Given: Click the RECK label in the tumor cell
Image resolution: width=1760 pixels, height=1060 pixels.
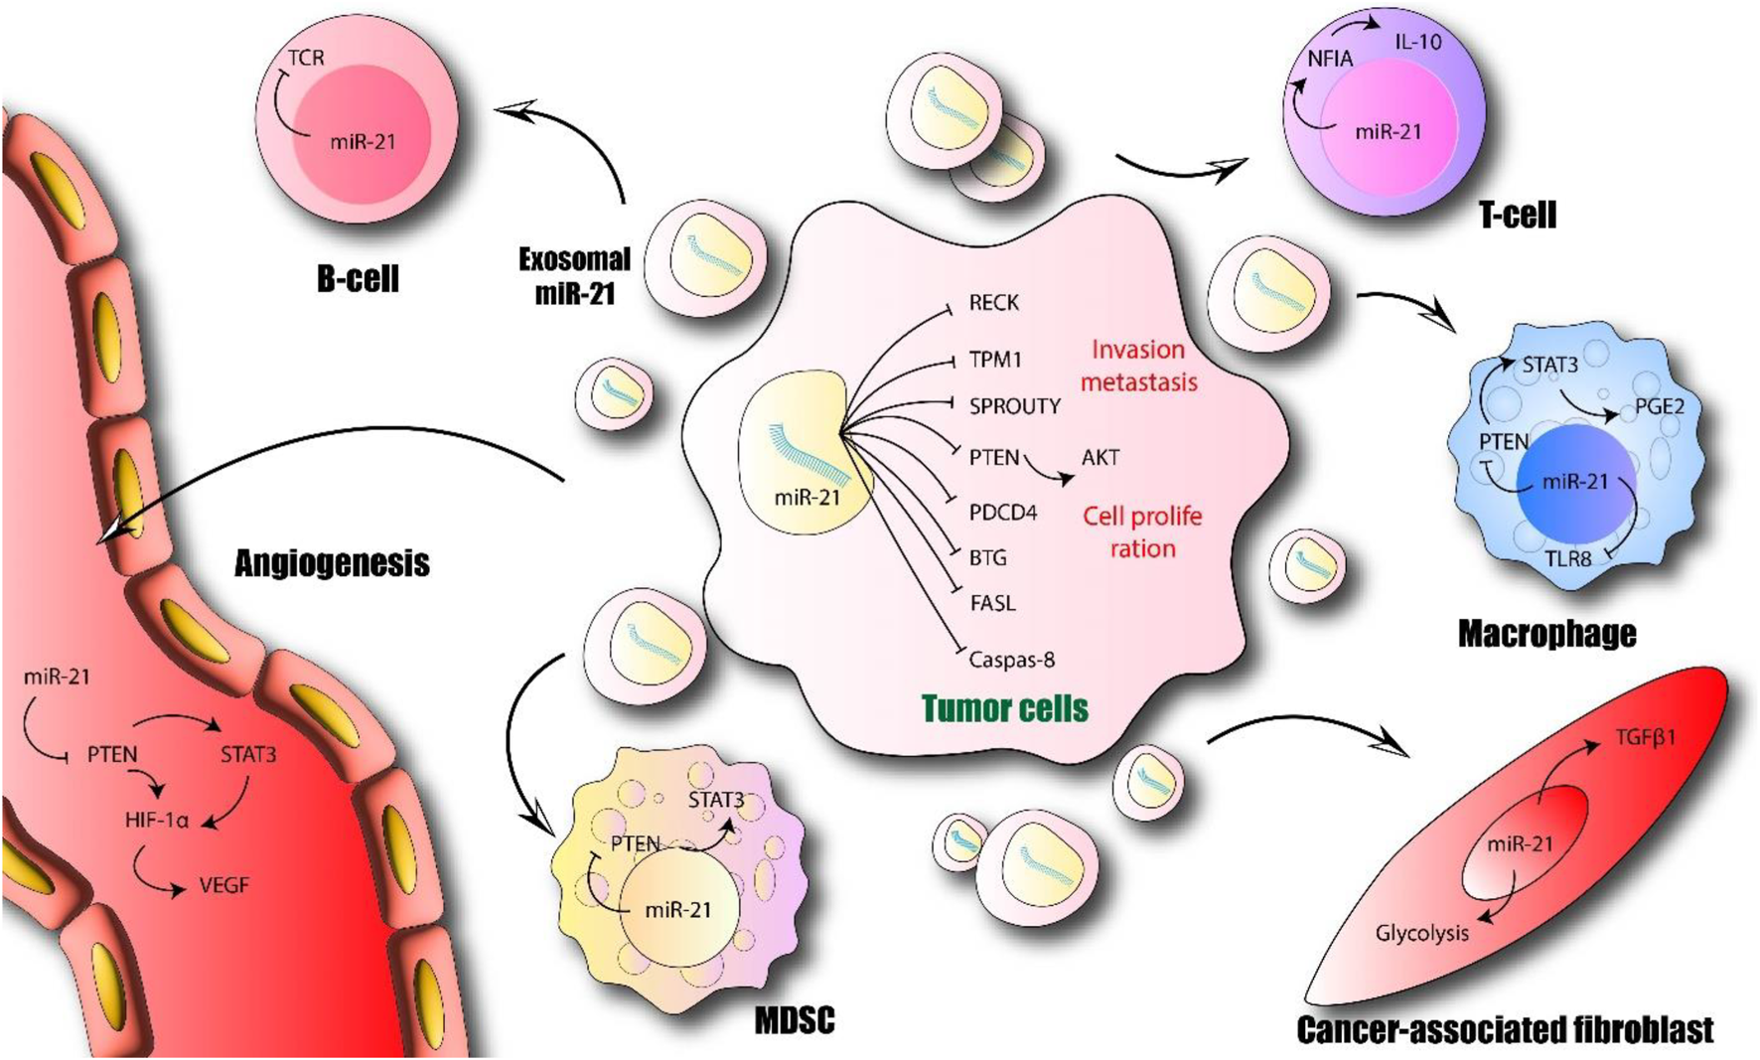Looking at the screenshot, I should [x=993, y=302].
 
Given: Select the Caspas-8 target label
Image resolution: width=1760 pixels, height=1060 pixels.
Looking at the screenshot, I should [x=1011, y=659].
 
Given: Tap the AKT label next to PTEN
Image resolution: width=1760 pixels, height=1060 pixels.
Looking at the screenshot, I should [x=1100, y=457].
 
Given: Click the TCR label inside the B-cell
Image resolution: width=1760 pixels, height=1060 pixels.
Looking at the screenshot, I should [x=306, y=58].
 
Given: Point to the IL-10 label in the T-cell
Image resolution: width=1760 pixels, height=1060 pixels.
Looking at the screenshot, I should [x=1417, y=42].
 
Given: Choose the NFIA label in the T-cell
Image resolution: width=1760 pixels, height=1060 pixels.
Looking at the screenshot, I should [x=1330, y=59].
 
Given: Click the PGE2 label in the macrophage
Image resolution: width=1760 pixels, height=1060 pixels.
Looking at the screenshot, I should [x=1660, y=406].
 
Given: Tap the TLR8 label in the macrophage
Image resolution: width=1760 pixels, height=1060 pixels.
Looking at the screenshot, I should [x=1567, y=558].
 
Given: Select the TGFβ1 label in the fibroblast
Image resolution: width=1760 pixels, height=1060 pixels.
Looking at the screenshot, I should [x=1645, y=737].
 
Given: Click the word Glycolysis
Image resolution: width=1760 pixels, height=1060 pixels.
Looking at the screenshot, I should [x=1421, y=933].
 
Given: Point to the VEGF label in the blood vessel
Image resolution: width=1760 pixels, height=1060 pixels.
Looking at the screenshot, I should [x=223, y=884].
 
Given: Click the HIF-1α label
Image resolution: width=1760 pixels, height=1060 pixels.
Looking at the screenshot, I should [x=157, y=821].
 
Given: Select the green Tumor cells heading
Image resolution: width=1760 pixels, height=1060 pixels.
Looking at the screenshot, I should [x=1004, y=708].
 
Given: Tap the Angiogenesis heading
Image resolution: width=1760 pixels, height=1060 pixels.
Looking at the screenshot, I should [x=332, y=563].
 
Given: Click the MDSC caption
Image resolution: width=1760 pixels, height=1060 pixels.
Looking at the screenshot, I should [x=794, y=1020].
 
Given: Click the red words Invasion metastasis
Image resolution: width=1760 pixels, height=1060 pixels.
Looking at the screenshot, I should [x=1138, y=366].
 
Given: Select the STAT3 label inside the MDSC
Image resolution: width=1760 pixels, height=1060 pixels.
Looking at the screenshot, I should [x=715, y=800].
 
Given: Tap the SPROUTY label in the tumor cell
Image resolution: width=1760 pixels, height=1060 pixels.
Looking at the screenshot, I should [x=1014, y=405].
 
